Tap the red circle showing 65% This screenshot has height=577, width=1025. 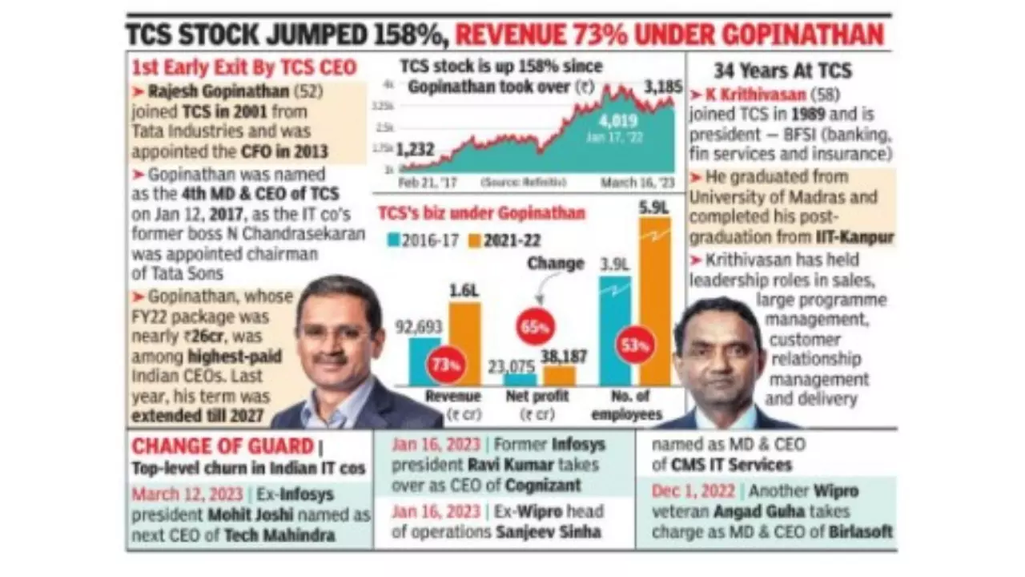pyautogui.click(x=536, y=328)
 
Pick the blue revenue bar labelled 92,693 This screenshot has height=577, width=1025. pyautogui.click(x=424, y=361)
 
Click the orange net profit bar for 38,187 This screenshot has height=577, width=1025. pyautogui.click(x=559, y=375)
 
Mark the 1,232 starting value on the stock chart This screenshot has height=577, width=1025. pyautogui.click(x=414, y=149)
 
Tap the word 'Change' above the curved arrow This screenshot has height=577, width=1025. pyautogui.click(x=556, y=263)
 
